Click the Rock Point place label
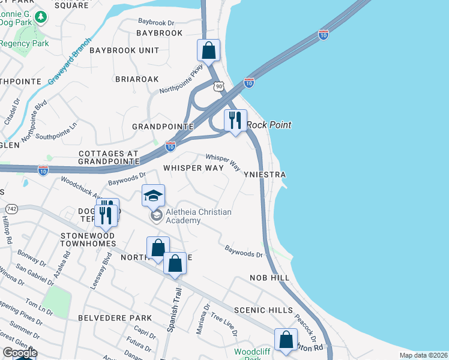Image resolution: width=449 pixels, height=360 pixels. (x=269, y=125)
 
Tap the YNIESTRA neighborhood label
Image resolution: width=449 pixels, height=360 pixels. (x=264, y=175)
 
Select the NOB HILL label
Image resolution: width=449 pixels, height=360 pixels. (x=271, y=278)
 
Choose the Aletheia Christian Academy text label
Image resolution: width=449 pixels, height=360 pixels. (x=191, y=216)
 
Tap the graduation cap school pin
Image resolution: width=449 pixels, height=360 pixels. (x=153, y=195)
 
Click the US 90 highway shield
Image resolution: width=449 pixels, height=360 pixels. (x=220, y=86)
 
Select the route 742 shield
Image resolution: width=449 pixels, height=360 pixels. (x=11, y=208)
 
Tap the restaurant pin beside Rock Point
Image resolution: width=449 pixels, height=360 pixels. (x=235, y=119)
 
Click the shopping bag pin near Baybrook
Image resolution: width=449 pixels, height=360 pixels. (x=208, y=50)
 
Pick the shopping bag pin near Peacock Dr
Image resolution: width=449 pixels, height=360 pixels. (x=286, y=339)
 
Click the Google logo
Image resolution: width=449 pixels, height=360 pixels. (x=20, y=353)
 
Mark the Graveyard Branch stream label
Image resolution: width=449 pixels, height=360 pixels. (x=68, y=62)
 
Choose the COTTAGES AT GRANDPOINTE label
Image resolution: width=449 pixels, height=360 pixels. (x=114, y=157)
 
